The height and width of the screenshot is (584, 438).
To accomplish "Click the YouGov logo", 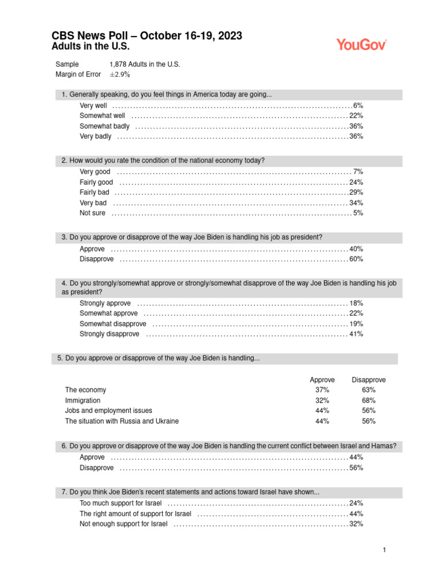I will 362,44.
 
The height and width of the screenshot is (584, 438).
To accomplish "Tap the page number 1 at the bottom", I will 385,550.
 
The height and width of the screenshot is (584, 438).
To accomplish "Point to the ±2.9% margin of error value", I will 120,75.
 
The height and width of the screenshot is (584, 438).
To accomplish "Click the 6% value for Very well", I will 358,106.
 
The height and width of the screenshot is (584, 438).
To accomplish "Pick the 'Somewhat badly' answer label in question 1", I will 104,126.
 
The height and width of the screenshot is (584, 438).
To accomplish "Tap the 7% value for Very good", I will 358,172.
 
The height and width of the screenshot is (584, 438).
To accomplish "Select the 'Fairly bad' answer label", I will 94,192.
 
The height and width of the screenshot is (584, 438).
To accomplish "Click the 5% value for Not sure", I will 358,213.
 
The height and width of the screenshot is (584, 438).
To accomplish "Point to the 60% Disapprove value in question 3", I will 356,259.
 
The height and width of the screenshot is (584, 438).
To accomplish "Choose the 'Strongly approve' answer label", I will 105,303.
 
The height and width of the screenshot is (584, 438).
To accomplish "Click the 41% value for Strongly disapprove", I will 356,334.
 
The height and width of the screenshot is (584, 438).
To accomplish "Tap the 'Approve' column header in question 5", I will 322,380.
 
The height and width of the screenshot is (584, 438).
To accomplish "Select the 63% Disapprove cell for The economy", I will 368,390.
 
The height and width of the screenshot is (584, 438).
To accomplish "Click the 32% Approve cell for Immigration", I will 322,400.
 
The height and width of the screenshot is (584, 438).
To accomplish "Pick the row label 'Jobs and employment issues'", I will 108,411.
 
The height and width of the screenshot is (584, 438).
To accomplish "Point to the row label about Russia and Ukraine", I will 121,421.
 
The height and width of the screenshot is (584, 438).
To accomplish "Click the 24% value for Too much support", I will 356,503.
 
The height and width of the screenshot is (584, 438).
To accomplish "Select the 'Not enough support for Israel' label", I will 123,524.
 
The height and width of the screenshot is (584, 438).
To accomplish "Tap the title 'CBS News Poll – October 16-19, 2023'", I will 147,36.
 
